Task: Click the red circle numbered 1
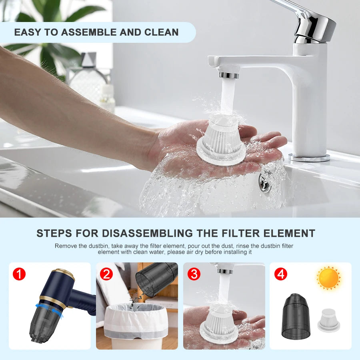(19, 274)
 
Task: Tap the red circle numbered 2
(106, 274)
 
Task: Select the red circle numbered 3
(194, 274)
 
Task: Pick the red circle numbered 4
(281, 274)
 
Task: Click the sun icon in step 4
(328, 278)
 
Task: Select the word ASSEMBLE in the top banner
(90, 32)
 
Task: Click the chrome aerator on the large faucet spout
(229, 75)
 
